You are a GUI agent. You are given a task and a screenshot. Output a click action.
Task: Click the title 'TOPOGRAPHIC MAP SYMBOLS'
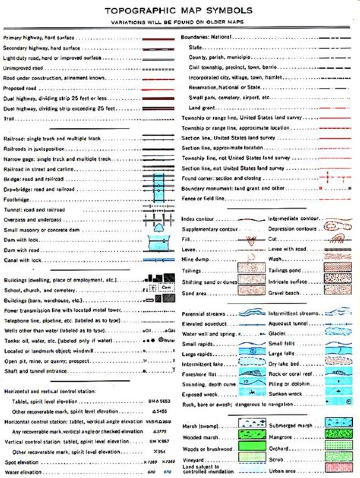click(x=178, y=11)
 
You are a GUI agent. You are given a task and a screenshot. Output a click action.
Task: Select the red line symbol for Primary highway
click(x=158, y=38)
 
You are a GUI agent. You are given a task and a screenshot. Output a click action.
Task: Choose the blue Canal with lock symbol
click(x=158, y=260)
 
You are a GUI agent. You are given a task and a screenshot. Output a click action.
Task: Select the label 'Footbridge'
click(x=16, y=200)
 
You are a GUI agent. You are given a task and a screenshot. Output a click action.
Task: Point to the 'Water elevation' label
click(x=23, y=472)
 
